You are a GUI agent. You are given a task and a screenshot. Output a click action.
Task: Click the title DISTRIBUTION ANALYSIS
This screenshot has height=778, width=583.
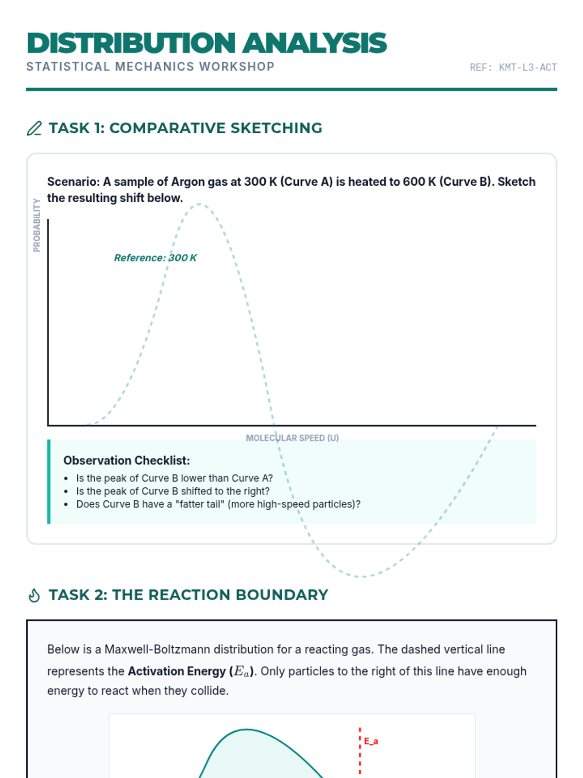coord(206,43)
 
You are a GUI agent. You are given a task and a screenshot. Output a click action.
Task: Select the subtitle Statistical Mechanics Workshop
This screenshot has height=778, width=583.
coord(150,67)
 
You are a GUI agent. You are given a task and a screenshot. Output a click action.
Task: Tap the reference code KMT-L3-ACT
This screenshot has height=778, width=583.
coord(513,68)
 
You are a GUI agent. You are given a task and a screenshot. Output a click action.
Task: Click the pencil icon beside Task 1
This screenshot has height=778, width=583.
coord(34,128)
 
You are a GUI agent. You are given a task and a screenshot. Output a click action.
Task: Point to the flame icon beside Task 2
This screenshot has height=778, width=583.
coord(34,595)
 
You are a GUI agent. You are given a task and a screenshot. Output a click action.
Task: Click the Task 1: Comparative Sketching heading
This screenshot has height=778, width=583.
coord(185,128)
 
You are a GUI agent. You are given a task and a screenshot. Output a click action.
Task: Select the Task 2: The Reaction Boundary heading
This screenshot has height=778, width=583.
coord(188,595)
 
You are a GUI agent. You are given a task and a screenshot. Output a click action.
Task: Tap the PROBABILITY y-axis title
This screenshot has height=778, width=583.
coord(37,225)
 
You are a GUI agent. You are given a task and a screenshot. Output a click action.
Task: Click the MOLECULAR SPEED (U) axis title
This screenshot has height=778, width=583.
coord(292,438)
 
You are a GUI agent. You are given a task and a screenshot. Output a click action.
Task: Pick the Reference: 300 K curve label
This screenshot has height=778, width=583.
coord(155,258)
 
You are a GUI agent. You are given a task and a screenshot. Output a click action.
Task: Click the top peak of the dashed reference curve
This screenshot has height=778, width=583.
coord(200,205)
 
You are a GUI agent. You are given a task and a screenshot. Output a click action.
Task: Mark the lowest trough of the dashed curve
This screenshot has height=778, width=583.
coord(362,576)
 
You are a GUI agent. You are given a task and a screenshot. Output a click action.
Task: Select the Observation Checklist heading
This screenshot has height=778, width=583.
coord(126,460)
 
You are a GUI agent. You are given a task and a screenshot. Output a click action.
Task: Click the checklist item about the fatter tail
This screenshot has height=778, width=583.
coord(218,504)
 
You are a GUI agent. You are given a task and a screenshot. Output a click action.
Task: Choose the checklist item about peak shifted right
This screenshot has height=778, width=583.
coord(172,491)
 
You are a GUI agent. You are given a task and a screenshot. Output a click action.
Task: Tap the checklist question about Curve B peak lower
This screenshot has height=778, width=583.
coord(174,478)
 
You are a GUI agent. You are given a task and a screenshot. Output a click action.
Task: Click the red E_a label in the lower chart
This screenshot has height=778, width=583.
coord(371,742)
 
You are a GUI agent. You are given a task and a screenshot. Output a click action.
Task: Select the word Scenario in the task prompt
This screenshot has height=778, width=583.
coord(72,182)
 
